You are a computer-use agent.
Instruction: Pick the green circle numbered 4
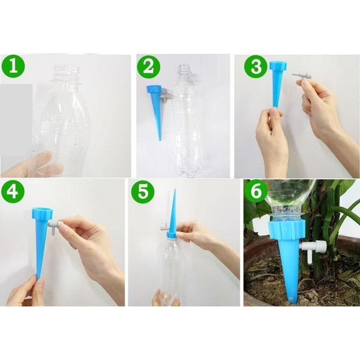[x=13, y=193]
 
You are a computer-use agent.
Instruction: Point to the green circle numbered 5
[x=142, y=193]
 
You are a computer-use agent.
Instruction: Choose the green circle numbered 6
[x=257, y=193]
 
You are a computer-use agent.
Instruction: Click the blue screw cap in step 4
[x=41, y=214]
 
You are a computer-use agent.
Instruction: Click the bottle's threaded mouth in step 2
[x=184, y=71]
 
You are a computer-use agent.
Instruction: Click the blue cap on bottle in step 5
[x=172, y=233]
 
